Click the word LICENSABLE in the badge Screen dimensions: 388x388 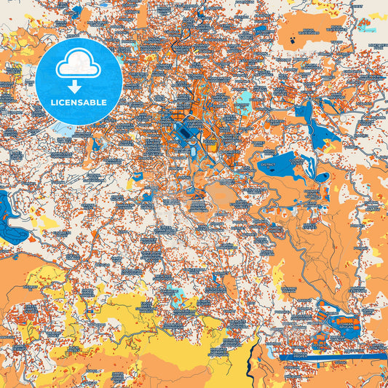click(79, 102)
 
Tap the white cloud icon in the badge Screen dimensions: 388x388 click(79, 66)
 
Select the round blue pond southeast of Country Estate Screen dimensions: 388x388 click(323, 177)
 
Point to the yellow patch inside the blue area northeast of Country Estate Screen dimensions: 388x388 click(330, 149)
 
